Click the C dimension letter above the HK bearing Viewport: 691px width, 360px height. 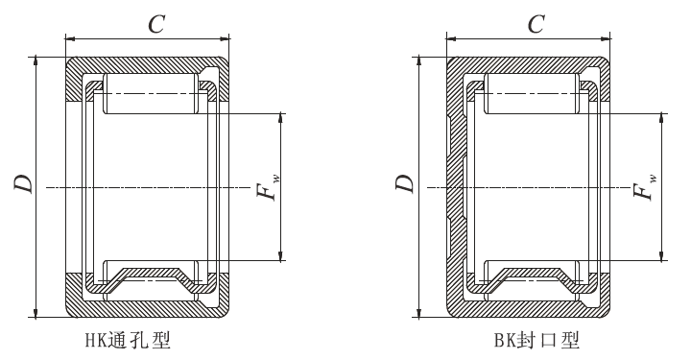pos(156,24)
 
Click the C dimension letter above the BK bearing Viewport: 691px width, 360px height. pos(536,24)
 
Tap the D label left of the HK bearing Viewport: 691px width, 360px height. pos(23,183)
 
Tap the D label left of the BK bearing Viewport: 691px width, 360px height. pos(405,183)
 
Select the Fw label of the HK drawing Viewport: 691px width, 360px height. pos(268,187)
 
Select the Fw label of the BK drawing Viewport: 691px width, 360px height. pos(645,187)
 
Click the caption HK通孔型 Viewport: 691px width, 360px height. pos(128,340)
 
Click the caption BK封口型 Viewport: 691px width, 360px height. pos(536,340)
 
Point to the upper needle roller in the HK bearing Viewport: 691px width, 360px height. pos(151,93)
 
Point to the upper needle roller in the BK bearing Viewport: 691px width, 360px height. pos(532,93)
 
